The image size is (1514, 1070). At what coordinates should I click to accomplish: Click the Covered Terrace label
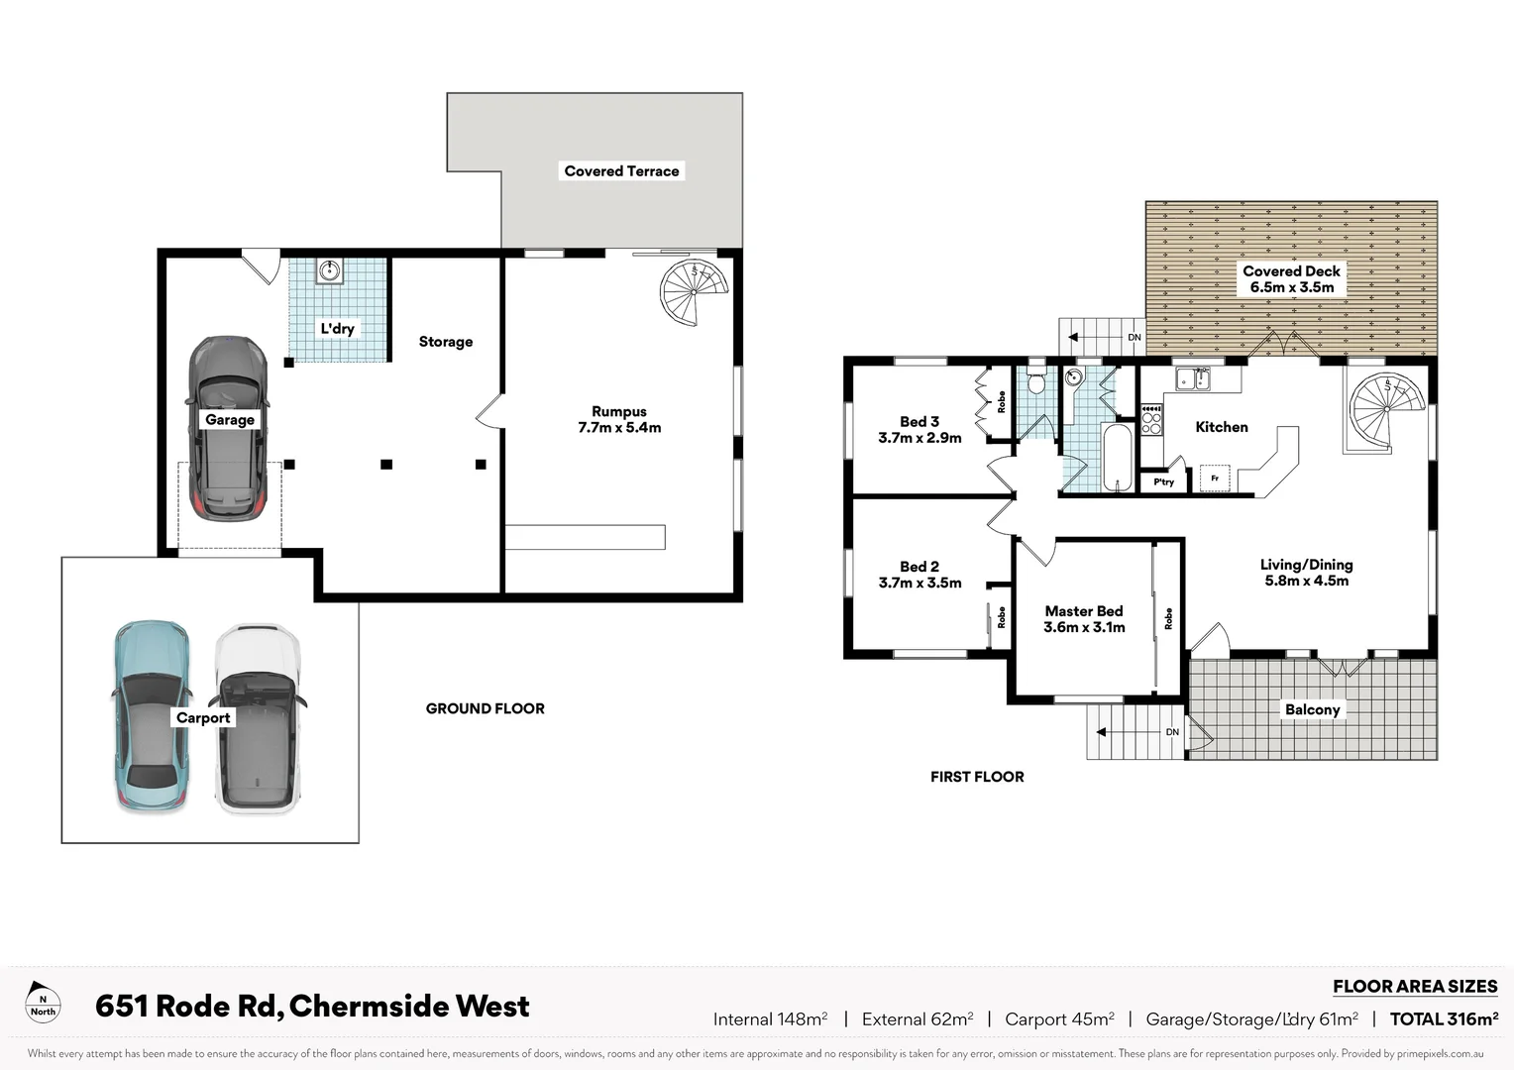click(621, 171)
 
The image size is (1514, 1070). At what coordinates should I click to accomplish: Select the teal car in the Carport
click(150, 715)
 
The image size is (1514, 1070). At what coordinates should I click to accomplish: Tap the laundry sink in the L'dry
click(330, 270)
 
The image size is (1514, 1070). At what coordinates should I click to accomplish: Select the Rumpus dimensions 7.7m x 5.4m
click(619, 428)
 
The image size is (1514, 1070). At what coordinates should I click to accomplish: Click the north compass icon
click(43, 1004)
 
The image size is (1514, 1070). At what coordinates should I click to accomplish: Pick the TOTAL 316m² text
click(1444, 1019)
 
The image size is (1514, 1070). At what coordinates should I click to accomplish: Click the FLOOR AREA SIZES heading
click(1414, 987)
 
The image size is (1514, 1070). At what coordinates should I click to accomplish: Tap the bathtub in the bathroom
click(1118, 457)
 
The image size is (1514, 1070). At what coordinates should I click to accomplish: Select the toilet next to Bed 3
click(1036, 382)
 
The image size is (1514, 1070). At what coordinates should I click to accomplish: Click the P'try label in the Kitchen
click(1163, 482)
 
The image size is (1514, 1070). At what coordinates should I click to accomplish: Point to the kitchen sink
click(1193, 378)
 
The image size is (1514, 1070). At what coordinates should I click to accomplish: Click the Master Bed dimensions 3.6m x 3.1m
click(1084, 627)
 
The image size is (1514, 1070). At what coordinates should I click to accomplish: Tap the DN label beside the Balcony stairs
click(1172, 732)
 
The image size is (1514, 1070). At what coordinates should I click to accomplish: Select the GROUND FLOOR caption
click(485, 708)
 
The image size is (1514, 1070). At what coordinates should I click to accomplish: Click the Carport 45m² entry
click(1058, 1019)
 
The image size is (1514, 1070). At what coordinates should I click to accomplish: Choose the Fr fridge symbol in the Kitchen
click(1215, 479)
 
